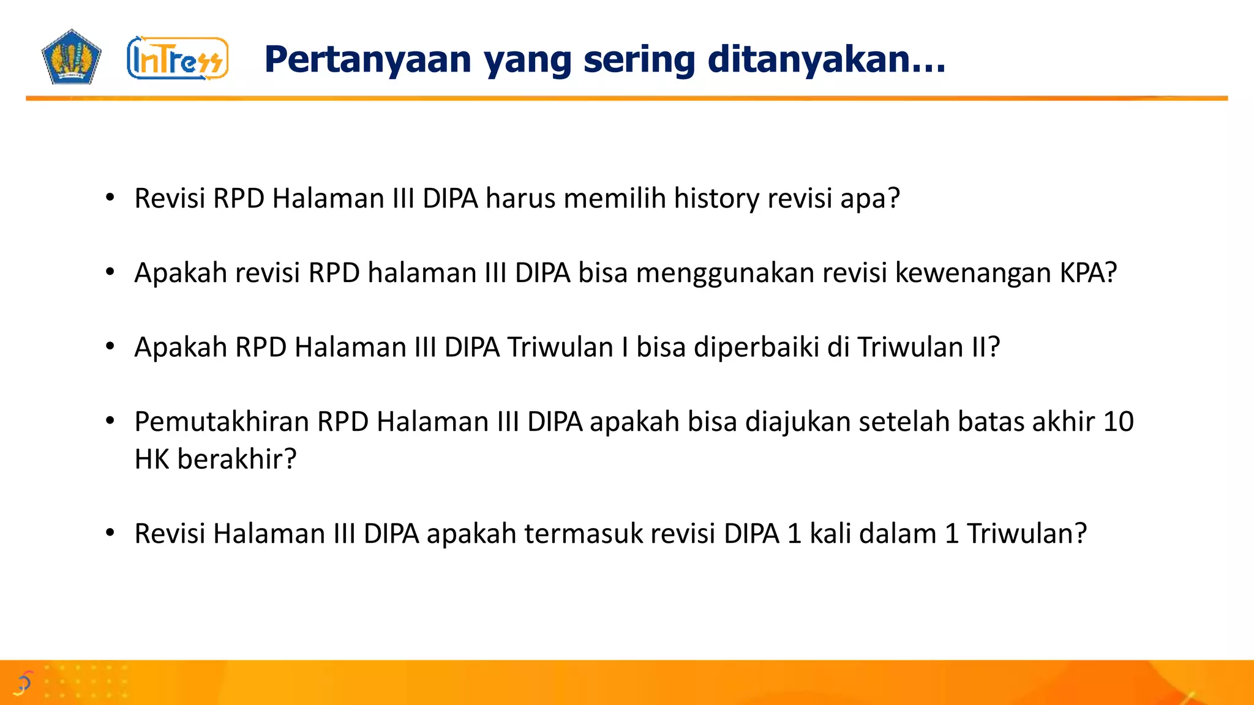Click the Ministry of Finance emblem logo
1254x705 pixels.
click(x=71, y=57)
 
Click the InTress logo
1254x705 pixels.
click(x=178, y=59)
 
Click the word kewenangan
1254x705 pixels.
click(x=973, y=273)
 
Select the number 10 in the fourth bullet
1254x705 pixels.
click(x=1118, y=422)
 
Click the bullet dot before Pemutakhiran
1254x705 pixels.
click(x=110, y=421)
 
